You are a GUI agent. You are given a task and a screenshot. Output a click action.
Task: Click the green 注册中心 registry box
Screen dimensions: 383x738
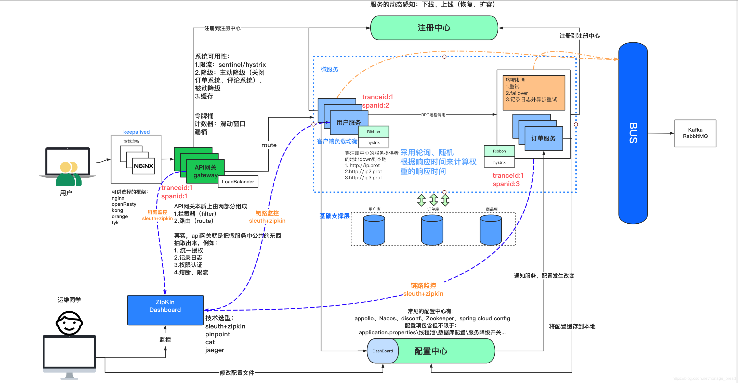coord(434,28)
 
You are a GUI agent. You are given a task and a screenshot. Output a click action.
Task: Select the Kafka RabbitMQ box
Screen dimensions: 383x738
coord(695,133)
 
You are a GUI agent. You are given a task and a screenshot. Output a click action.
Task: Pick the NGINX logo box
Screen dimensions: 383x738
coord(143,166)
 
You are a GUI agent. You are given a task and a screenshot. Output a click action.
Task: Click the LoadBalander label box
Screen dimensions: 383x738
coord(238,182)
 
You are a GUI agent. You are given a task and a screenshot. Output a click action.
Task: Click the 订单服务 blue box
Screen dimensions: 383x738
coord(543,138)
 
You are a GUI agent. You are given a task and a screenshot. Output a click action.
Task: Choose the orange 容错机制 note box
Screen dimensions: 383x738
coord(533,93)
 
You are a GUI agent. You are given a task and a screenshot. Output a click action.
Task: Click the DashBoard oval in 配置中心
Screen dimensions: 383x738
coord(383,351)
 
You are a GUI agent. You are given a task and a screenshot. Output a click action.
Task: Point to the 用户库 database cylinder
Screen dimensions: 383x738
coord(374,230)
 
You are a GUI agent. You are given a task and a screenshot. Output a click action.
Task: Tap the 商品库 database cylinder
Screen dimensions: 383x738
coord(491,230)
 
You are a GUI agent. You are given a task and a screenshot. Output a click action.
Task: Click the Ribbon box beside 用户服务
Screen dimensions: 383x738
coord(373,132)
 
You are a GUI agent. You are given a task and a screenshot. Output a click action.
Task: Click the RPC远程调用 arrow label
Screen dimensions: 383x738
coord(433,115)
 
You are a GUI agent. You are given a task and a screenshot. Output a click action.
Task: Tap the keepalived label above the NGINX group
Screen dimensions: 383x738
coord(136,132)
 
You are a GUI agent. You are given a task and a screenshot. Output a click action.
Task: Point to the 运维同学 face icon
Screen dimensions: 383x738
coord(69,323)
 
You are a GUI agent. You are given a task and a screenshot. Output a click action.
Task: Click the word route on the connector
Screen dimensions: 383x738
coord(269,145)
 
